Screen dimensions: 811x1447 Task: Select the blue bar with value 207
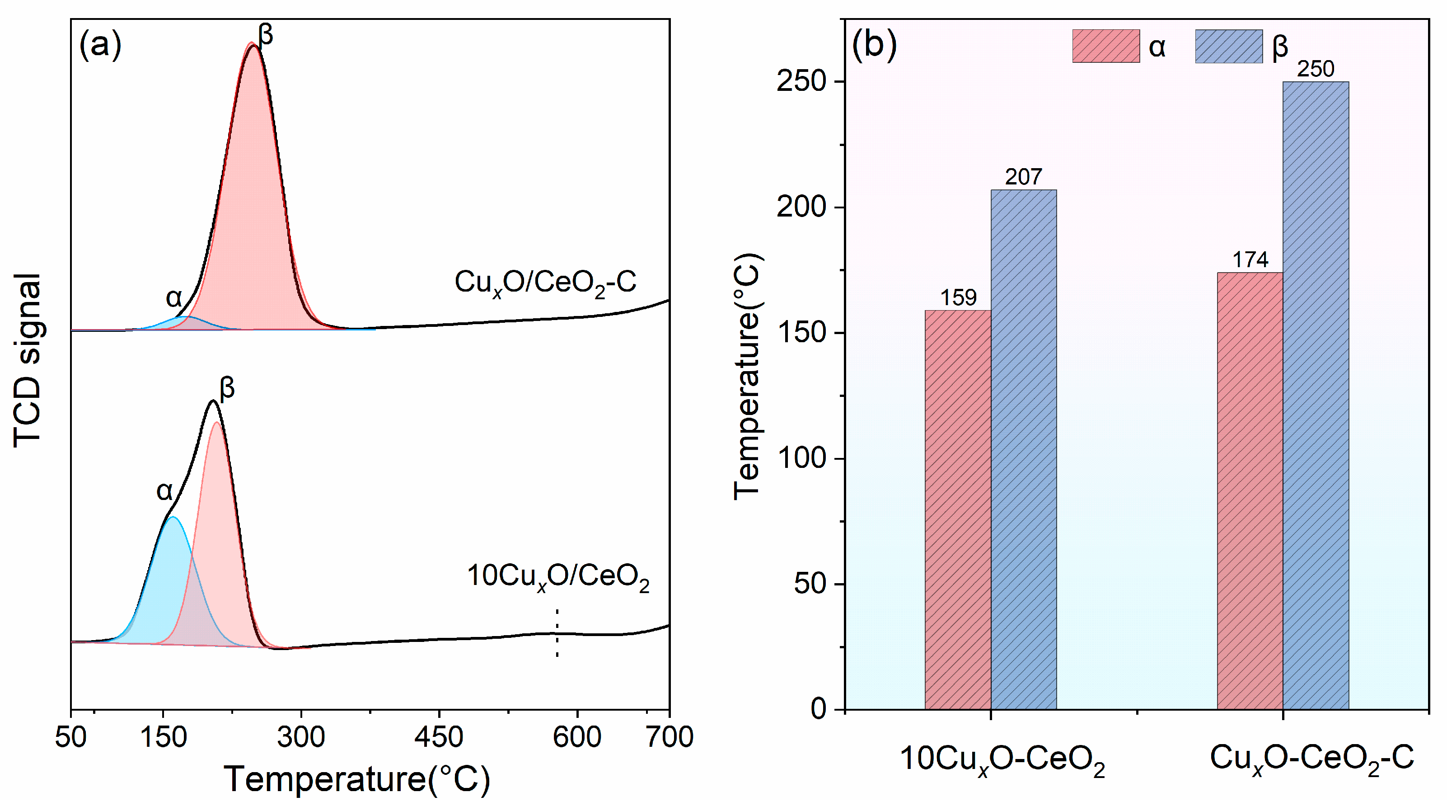tap(1023, 450)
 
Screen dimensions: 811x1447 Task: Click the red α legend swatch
tap(1105, 46)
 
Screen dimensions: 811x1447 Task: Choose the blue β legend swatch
tap(1228, 46)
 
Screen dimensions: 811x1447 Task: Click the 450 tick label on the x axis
tap(439, 736)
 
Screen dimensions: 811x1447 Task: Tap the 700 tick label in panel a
tap(669, 736)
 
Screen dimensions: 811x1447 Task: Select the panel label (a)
tap(100, 45)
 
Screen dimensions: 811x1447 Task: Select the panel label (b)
tap(874, 45)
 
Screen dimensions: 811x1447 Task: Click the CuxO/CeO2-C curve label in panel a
tap(545, 282)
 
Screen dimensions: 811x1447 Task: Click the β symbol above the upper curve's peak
tap(265, 35)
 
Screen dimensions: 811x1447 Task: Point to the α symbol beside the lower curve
tap(164, 491)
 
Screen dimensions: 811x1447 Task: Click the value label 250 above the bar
tap(1315, 69)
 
